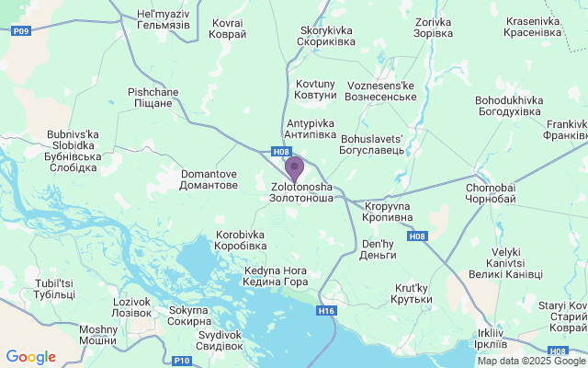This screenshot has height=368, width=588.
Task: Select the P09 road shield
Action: click(21, 30)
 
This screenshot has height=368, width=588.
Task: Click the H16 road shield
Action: click(326, 311)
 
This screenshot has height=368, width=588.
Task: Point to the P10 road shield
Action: click(181, 360)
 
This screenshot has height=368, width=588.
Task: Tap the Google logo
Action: click(30, 357)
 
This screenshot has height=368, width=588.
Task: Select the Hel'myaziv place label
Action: click(163, 20)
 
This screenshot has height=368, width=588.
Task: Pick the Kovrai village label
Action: click(229, 28)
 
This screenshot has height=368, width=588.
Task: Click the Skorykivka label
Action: click(326, 36)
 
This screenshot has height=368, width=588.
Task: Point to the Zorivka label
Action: click(434, 28)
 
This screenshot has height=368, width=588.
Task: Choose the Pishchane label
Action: click(152, 98)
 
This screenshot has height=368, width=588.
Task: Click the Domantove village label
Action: click(209, 179)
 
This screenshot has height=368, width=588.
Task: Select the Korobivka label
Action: click(241, 240)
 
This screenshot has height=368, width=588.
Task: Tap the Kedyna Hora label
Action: click(276, 276)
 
